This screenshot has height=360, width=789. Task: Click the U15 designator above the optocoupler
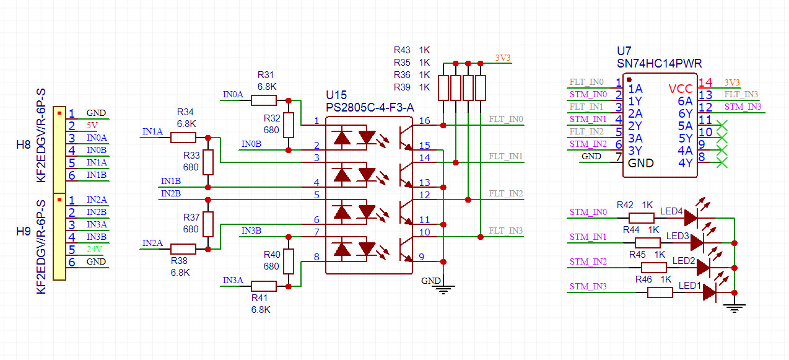[336, 95]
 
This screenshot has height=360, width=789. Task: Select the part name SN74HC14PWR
[659, 63]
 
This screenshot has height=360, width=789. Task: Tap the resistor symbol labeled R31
[264, 100]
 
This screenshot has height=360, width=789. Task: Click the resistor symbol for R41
[264, 286]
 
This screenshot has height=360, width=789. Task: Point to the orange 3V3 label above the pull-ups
[503, 58]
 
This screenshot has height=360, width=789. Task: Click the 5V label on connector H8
[92, 126]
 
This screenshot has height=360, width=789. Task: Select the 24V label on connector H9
[94, 250]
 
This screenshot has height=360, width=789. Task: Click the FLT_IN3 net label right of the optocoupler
[506, 231]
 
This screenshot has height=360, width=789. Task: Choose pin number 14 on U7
[705, 82]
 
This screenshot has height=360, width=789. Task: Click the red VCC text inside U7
[681, 89]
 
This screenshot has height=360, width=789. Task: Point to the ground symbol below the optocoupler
[443, 288]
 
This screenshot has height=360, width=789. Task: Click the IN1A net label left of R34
[152, 131]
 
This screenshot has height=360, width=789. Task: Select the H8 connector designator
[23, 146]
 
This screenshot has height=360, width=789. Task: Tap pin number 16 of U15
[424, 120]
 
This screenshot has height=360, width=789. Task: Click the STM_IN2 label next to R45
[588, 261]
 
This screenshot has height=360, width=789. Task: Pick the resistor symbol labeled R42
[642, 217]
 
